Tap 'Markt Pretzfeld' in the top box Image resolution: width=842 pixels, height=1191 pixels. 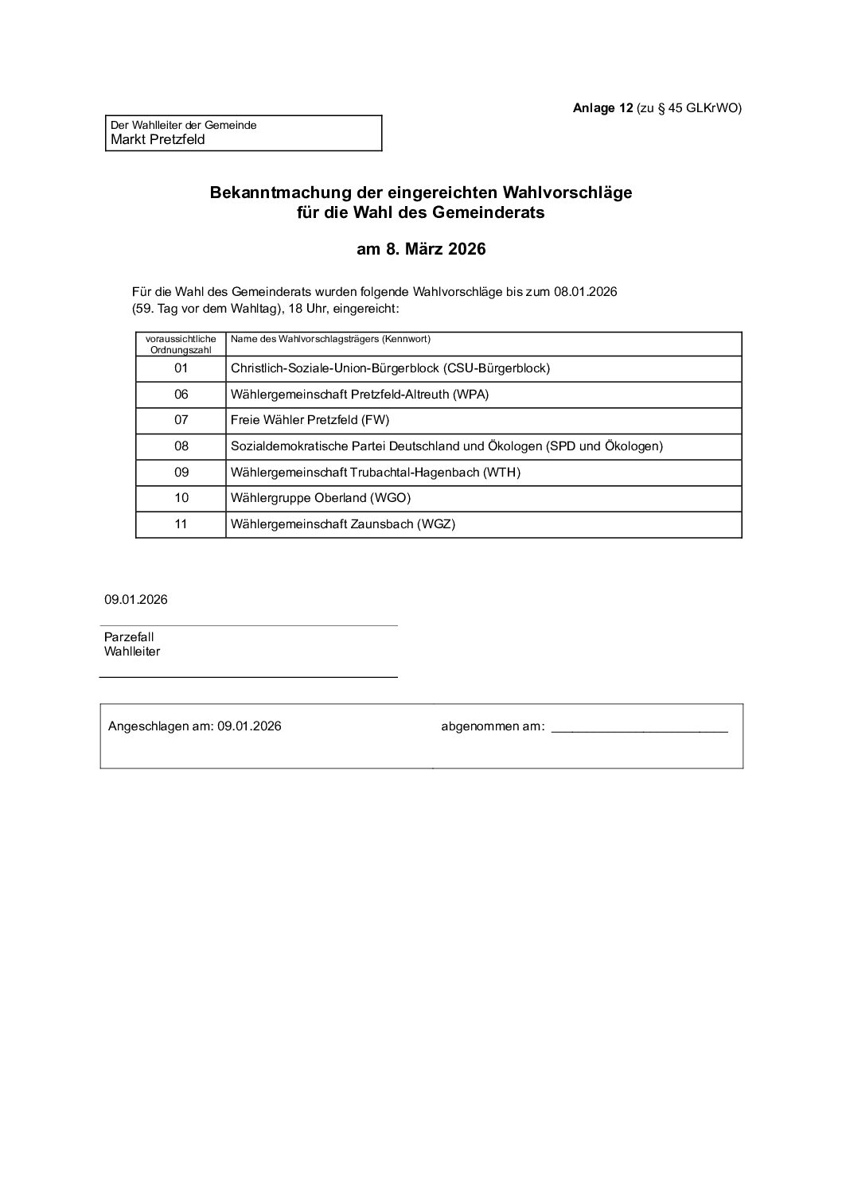click(158, 139)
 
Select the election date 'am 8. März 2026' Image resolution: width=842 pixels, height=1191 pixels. click(421, 249)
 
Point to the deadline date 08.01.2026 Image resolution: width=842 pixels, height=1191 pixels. click(586, 292)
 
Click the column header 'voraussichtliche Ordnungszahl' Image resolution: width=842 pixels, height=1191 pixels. click(181, 344)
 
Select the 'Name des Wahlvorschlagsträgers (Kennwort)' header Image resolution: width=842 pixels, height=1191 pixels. click(330, 339)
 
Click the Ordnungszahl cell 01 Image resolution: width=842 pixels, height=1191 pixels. click(181, 368)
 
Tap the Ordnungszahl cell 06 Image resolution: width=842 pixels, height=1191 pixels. click(181, 395)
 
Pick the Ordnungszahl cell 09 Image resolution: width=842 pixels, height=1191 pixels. click(181, 473)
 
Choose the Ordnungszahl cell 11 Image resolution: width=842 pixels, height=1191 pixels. click(181, 524)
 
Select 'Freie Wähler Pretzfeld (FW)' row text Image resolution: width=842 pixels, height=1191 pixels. click(310, 420)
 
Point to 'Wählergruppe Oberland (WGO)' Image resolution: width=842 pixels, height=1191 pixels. click(321, 498)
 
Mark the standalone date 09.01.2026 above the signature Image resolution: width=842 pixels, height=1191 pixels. click(135, 600)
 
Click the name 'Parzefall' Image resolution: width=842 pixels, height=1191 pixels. click(129, 637)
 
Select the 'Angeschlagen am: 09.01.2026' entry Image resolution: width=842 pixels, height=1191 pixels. click(194, 726)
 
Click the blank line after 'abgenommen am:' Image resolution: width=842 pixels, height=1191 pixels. click(639, 727)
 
